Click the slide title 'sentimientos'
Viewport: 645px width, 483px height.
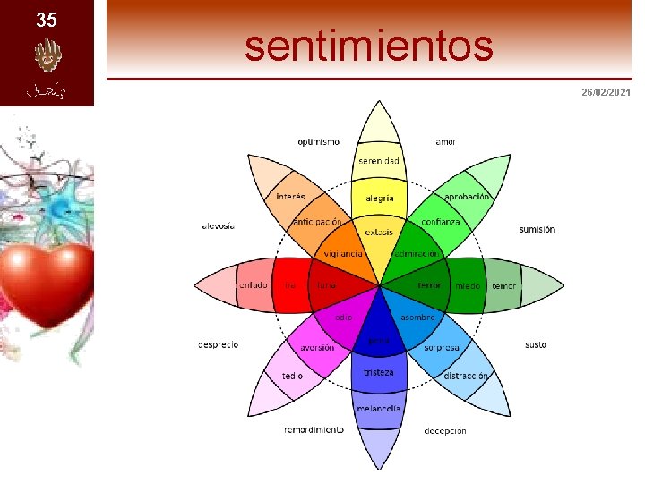(x=368, y=46)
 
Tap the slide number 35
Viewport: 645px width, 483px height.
(x=47, y=20)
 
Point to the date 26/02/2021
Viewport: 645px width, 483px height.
(x=606, y=92)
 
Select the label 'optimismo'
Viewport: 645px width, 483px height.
(x=318, y=141)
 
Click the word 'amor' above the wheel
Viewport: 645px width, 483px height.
(x=445, y=141)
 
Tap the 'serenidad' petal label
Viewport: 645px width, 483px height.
(x=379, y=161)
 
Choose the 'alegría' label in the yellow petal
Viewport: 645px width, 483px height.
(x=379, y=198)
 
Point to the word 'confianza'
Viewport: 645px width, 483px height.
(x=441, y=222)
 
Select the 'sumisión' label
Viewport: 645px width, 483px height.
(x=537, y=230)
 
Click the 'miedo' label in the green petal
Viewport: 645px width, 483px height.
(x=468, y=286)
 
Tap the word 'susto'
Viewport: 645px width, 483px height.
(x=535, y=344)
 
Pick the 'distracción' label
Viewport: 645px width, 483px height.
(x=466, y=376)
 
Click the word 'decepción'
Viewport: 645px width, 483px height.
(x=445, y=430)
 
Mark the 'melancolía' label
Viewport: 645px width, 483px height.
(x=379, y=409)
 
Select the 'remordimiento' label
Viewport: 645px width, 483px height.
(x=314, y=429)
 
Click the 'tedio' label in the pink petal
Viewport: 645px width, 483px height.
(x=292, y=376)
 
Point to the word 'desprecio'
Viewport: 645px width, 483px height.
(x=218, y=344)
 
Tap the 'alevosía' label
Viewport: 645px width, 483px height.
(x=218, y=226)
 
